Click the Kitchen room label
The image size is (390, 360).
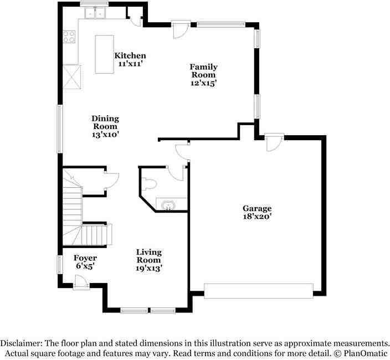tap(130, 55)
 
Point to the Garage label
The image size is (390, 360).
tap(257, 209)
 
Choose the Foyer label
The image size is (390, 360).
tap(85, 258)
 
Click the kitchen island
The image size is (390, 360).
tap(104, 54)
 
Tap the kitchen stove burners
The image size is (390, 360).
tap(69, 37)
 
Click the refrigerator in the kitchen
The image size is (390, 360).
tap(71, 76)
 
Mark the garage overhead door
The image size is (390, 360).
tap(258, 290)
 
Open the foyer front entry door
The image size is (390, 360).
tap(81, 282)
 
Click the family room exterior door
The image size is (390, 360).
tap(181, 30)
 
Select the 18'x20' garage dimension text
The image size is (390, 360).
tap(257, 217)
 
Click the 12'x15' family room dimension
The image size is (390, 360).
tap(203, 83)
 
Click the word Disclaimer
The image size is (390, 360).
tap(22, 343)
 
